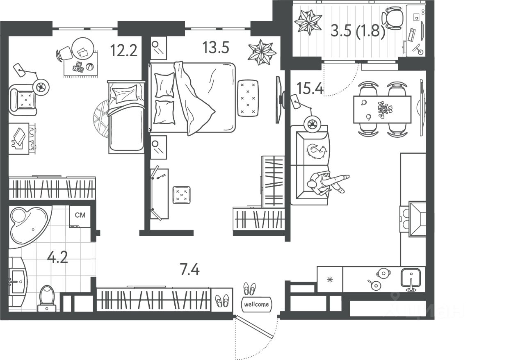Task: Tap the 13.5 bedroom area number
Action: pyautogui.click(x=215, y=48)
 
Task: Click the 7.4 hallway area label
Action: pyautogui.click(x=189, y=269)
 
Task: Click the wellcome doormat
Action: pyautogui.click(x=256, y=304)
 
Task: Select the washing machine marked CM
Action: pyautogui.click(x=80, y=216)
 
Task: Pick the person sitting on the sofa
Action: pyautogui.click(x=326, y=182)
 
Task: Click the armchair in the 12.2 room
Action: pyautogui.click(x=23, y=100)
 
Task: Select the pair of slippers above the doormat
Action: pyautogui.click(x=249, y=288)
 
